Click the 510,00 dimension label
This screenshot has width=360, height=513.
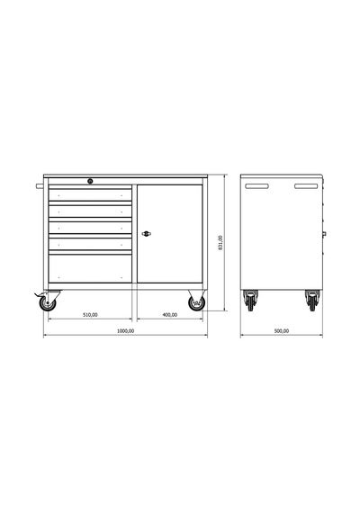tap(90, 315)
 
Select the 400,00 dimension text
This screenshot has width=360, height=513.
tap(170, 315)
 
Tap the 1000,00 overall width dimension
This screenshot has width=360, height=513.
tap(126, 331)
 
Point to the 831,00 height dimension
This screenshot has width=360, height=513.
tap(220, 242)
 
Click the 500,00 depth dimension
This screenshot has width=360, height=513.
tap(282, 331)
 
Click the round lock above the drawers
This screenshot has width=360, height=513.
tap(90, 181)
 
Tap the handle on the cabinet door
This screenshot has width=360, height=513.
tap(147, 234)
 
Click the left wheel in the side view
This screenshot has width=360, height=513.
tap(250, 301)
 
